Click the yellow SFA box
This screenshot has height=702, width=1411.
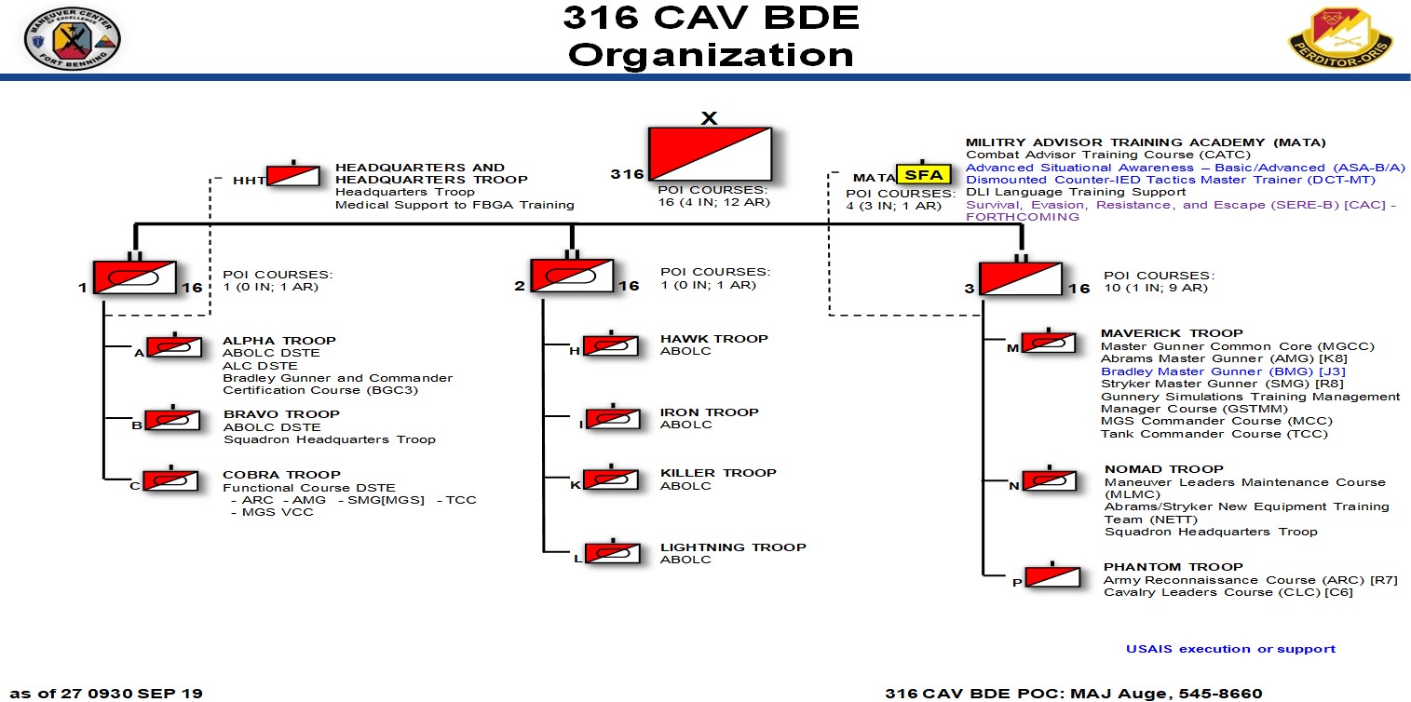[x=924, y=174]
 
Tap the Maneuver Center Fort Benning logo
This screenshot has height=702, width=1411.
[x=73, y=38]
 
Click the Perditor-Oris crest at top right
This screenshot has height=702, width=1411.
[x=1340, y=36]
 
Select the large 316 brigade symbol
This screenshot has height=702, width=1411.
[x=710, y=155]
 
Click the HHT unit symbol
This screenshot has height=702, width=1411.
[x=292, y=176]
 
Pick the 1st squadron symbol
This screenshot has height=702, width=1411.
[x=135, y=277]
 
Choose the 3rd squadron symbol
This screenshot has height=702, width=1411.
[x=1021, y=278]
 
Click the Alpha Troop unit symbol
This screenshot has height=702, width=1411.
[x=174, y=347]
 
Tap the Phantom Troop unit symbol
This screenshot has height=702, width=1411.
[x=1052, y=577]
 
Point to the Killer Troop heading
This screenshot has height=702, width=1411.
[x=718, y=473]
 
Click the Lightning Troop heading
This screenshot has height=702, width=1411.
[x=733, y=547]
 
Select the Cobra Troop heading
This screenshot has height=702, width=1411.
[x=281, y=475]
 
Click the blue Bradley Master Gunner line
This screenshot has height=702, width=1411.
[x=1223, y=371]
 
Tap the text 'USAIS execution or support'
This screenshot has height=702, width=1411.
[x=1230, y=649]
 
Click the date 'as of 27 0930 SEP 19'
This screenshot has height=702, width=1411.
[x=106, y=694]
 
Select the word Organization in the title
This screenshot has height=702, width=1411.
[x=712, y=55]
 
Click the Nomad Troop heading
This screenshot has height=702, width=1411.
[x=1164, y=469]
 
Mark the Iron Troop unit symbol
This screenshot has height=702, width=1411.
[x=614, y=419]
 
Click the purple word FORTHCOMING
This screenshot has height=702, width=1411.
[x=1023, y=217]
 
